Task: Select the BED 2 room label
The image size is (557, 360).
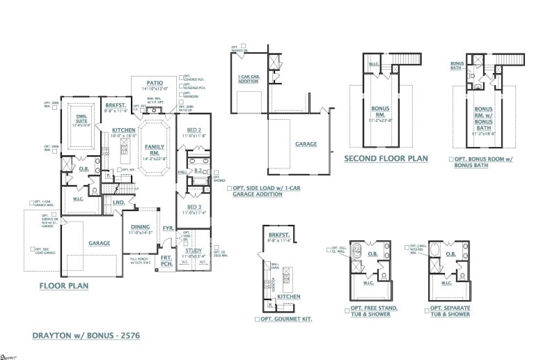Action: click(195, 130)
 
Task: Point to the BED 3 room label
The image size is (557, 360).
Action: click(195, 206)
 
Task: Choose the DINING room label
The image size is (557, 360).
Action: click(141, 226)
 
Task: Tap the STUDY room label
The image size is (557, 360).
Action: click(194, 250)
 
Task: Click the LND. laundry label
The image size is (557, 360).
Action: click(119, 203)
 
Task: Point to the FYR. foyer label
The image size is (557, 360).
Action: click(168, 228)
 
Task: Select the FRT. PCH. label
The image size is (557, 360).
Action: click(167, 260)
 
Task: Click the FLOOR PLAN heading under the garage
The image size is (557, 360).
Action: click(63, 285)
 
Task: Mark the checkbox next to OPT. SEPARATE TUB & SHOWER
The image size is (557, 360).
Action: click(425, 308)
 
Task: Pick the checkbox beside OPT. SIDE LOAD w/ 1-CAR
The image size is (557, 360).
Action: click(230, 188)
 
